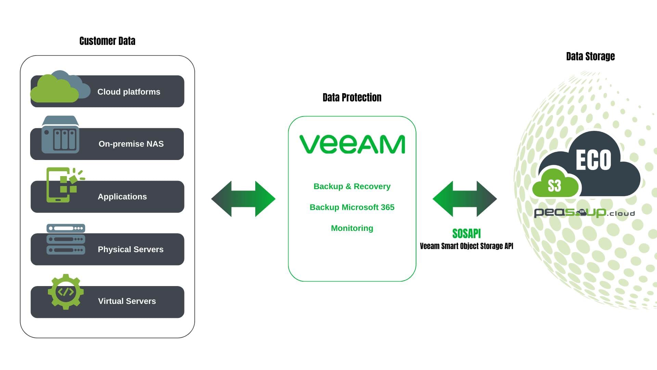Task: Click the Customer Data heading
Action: click(107, 41)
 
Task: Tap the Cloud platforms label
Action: click(129, 92)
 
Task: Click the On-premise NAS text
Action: click(131, 144)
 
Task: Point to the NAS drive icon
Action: click(61, 135)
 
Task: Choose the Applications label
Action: click(122, 197)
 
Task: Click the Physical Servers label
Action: click(130, 249)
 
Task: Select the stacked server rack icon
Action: click(66, 239)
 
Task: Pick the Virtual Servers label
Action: click(127, 301)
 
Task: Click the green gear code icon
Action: click(66, 292)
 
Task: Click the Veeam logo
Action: click(352, 144)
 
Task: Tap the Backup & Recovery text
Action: click(352, 186)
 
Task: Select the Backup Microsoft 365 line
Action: click(352, 207)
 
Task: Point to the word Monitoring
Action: click(352, 228)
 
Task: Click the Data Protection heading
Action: click(352, 98)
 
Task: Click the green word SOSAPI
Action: click(466, 234)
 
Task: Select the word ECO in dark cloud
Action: click(593, 160)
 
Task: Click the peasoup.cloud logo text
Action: click(584, 213)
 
